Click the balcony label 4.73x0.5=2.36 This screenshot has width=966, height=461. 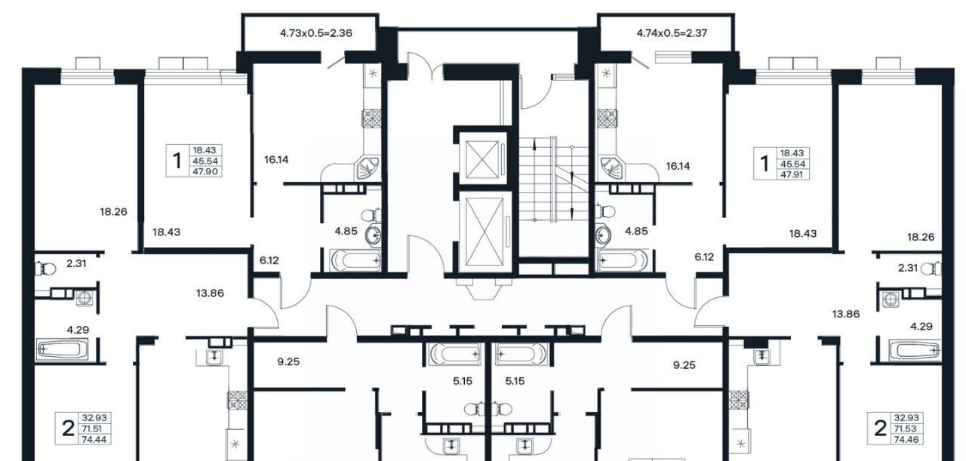pos(316,33)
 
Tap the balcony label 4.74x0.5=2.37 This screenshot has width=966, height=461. pos(672,33)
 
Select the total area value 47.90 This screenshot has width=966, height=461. pos(206,171)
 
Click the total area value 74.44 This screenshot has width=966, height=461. pos(94,439)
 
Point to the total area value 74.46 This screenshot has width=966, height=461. pos(906,439)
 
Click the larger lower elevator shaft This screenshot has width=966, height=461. pos(485,232)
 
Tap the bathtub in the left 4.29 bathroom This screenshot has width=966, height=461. pos(63,349)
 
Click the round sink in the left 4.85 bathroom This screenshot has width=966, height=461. pos(374,235)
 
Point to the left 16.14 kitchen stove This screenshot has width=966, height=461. pos(371,118)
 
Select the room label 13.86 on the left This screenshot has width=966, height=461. pos(210,294)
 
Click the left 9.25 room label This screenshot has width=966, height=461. pos(288,362)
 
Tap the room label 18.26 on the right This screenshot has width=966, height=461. pos(921,237)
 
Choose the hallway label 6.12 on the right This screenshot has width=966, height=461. pos(704,257)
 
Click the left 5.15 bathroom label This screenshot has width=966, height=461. pos(463,381)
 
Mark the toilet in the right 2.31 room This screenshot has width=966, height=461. pos(931,269)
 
